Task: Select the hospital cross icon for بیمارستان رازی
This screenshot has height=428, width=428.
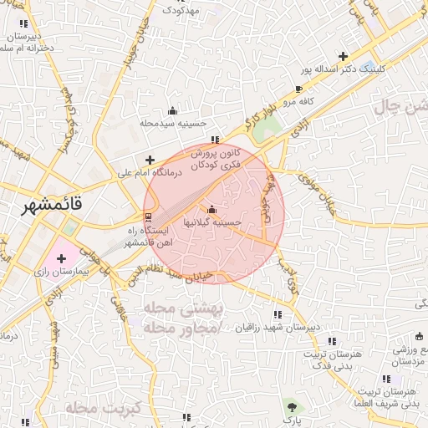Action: tap(61, 258)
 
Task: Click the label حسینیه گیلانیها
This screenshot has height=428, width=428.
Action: tap(214, 223)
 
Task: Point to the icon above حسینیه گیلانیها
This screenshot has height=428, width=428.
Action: tap(211, 209)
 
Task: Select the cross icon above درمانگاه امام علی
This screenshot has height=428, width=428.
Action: tap(150, 160)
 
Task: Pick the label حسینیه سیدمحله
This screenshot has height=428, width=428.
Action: tap(173, 123)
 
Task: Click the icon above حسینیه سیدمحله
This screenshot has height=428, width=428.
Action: tap(173, 110)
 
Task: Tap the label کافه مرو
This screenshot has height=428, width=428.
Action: tap(296, 101)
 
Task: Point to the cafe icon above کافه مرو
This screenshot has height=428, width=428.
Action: tap(299, 89)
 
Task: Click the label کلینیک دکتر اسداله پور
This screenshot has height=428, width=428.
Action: tap(344, 69)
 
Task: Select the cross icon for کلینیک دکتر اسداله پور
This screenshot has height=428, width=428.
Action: tap(344, 56)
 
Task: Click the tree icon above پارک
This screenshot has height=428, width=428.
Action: tap(292, 407)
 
